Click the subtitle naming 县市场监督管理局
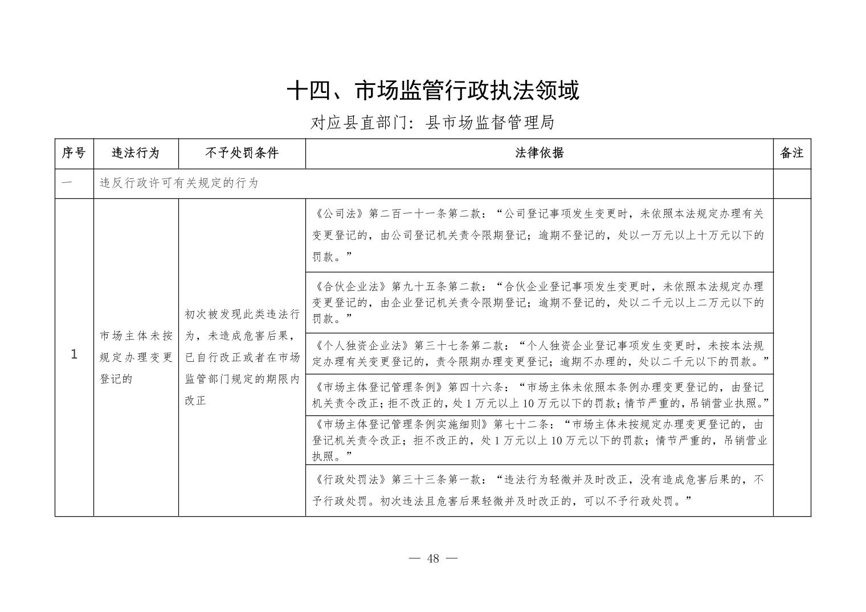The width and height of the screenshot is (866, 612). [x=433, y=123]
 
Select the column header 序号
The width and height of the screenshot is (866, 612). [x=74, y=153]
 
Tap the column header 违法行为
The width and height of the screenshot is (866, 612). [x=136, y=153]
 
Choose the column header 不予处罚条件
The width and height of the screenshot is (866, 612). [x=242, y=153]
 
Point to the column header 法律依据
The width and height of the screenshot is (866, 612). [x=539, y=153]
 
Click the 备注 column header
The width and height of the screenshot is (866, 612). [x=791, y=153]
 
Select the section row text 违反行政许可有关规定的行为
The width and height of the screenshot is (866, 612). [x=179, y=183]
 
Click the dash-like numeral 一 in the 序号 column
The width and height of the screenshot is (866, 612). [x=67, y=183]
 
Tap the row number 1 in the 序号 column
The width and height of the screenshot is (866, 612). [x=74, y=355]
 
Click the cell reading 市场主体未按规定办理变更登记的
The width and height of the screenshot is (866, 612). [x=136, y=357]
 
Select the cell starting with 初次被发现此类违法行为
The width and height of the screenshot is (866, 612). [x=242, y=357]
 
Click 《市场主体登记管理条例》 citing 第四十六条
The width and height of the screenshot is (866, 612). [x=378, y=387]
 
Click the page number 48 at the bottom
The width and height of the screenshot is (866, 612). [x=433, y=558]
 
